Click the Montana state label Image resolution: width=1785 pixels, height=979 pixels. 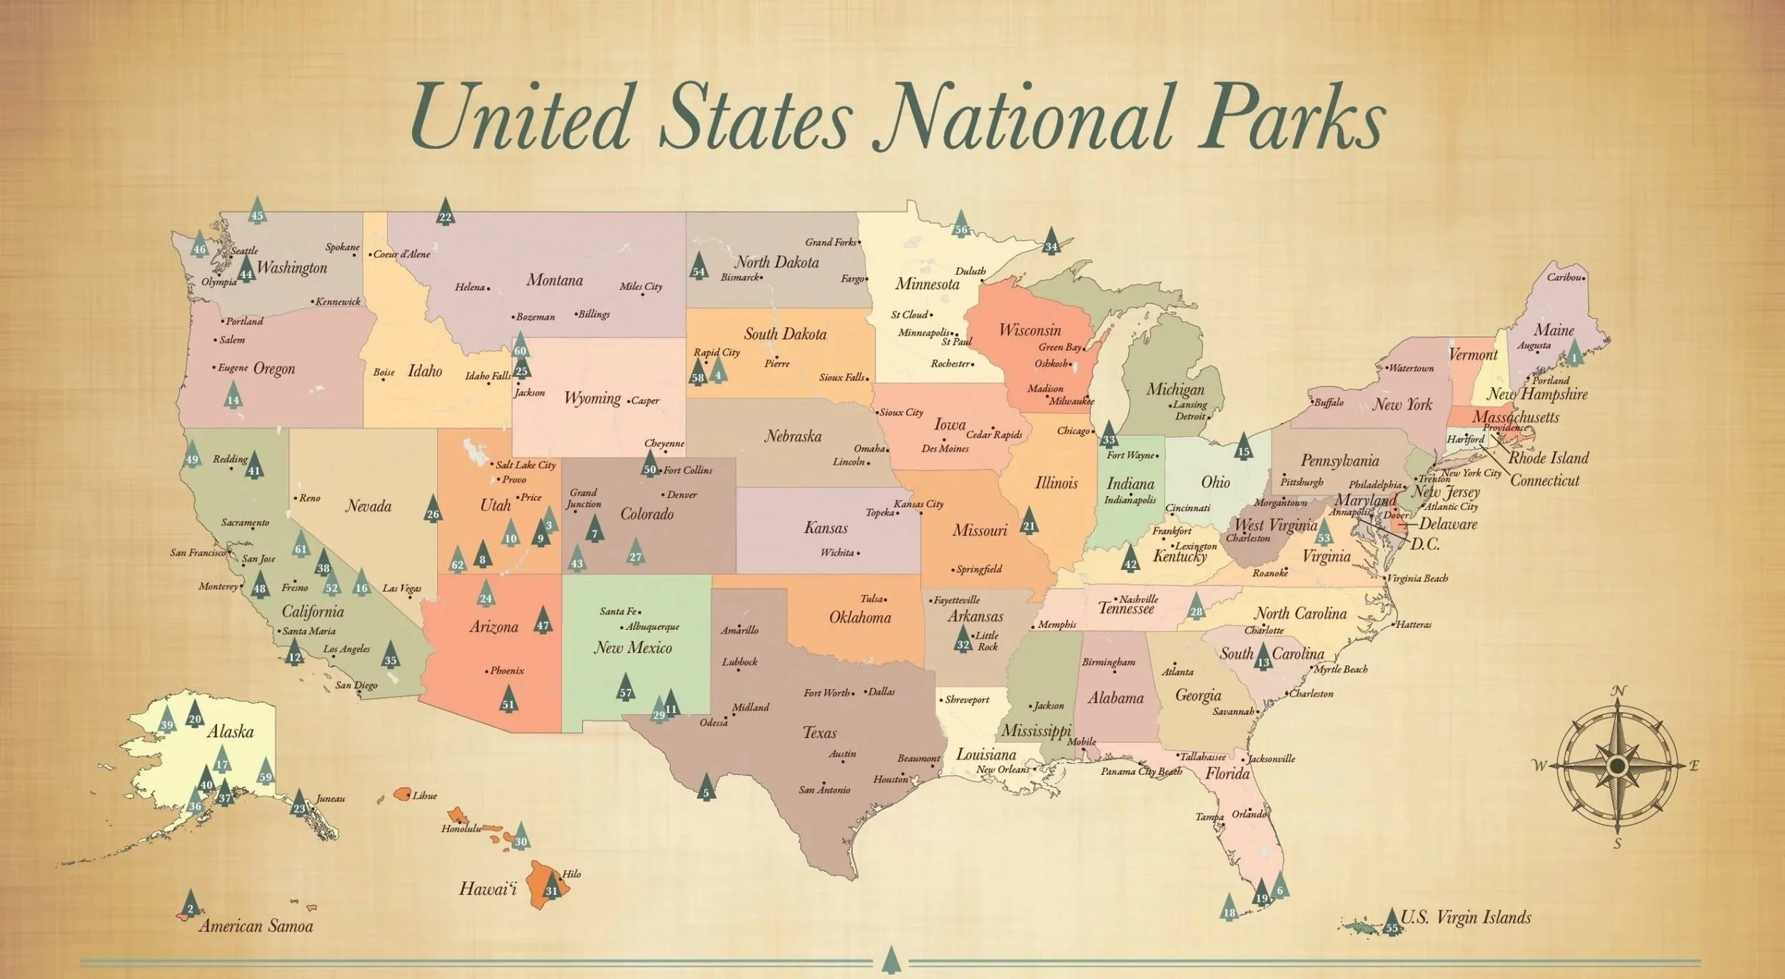(x=555, y=280)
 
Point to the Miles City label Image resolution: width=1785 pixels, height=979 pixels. (x=640, y=286)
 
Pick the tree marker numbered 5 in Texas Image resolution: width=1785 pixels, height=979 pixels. (x=706, y=788)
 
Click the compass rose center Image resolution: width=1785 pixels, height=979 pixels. (x=1617, y=766)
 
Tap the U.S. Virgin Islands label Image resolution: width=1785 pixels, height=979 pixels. (x=1466, y=917)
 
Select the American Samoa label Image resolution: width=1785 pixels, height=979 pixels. (x=256, y=926)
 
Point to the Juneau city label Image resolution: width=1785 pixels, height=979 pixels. (x=330, y=798)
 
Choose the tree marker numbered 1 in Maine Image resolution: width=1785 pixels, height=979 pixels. (x=1574, y=354)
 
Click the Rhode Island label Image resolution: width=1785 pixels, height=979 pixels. (x=1548, y=458)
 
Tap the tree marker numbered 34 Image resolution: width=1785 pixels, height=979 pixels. (x=1051, y=243)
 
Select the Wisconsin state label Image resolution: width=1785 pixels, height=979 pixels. (x=1030, y=330)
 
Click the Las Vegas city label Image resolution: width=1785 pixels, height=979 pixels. (x=401, y=589)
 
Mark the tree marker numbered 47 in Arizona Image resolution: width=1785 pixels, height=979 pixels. (x=543, y=622)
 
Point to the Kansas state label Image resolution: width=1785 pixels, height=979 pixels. (x=825, y=528)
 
